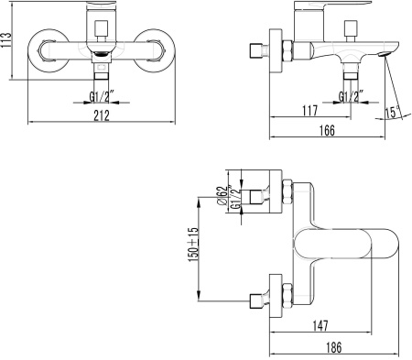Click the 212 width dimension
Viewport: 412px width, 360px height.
tap(102, 115)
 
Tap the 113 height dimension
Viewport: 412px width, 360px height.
tap(5, 39)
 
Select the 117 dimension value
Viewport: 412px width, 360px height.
tap(309, 110)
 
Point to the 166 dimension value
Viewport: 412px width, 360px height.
tap(327, 130)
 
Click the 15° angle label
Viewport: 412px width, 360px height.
tap(392, 112)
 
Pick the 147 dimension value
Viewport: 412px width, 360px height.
tap(320, 326)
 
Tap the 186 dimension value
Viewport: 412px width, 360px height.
tap(333, 347)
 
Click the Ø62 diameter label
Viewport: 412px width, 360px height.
tap(222, 195)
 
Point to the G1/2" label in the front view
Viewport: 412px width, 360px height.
tap(102, 96)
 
